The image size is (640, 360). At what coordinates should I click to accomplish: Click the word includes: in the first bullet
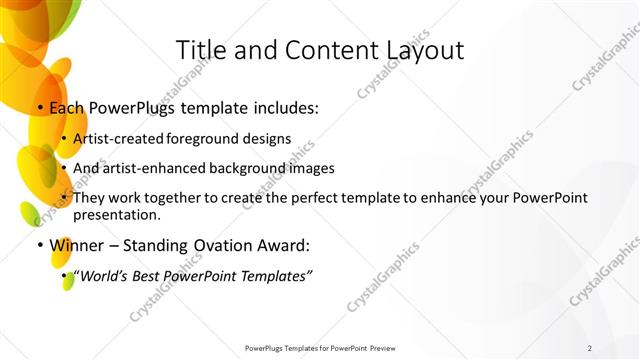click(285, 107)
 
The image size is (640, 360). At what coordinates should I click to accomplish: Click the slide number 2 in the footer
click(590, 348)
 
